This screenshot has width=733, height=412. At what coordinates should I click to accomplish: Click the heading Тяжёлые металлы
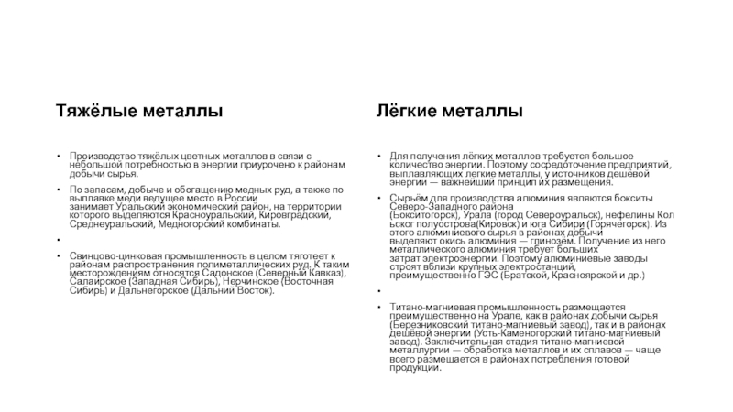(x=141, y=112)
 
